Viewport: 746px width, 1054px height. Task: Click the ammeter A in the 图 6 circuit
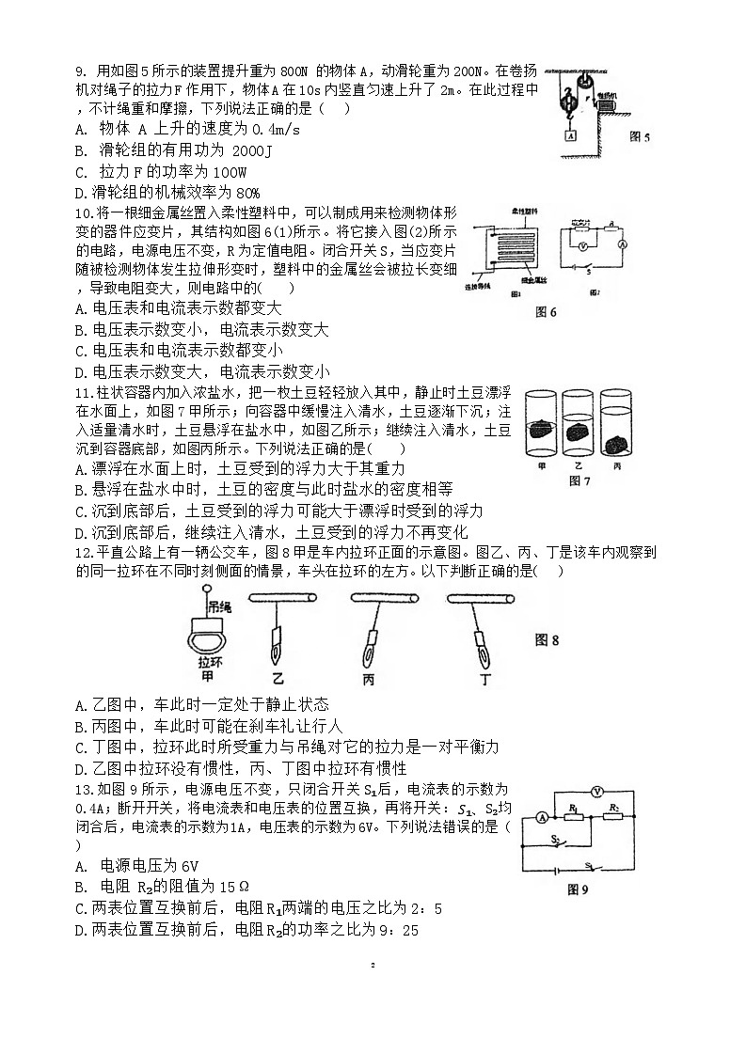click(x=622, y=243)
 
